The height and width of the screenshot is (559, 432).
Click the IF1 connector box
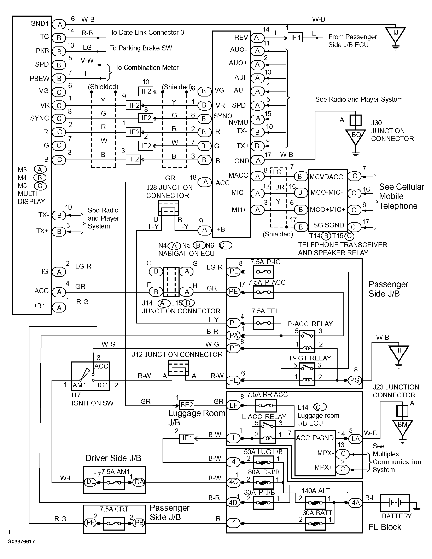[295, 37]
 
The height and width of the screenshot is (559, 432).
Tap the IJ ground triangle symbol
[396, 35]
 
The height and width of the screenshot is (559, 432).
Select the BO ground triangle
[355, 136]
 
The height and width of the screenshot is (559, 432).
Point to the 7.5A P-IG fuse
[263, 272]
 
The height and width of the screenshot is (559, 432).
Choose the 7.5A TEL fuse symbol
[263, 323]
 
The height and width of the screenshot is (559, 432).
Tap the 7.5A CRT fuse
[114, 524]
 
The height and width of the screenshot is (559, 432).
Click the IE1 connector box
[187, 438]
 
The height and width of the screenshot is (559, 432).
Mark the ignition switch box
[90, 376]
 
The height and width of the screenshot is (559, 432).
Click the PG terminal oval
[355, 380]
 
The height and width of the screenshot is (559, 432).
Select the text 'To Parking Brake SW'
[141, 48]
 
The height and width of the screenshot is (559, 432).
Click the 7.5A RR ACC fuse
[266, 405]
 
